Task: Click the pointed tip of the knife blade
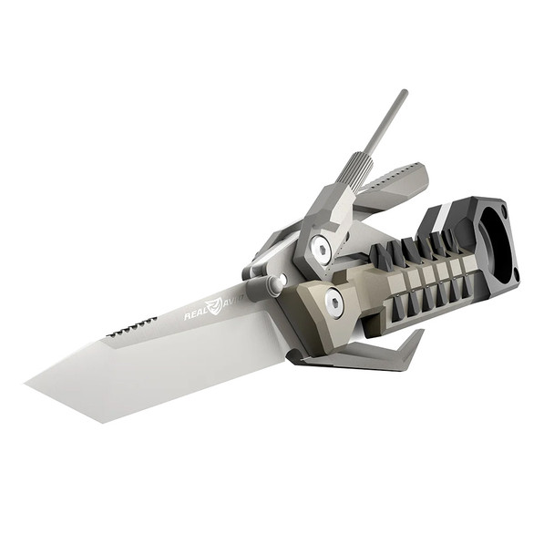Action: click(x=28, y=380)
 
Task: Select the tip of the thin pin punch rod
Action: click(x=403, y=93)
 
